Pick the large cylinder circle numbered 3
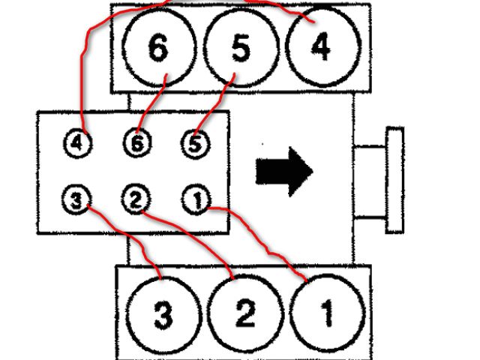click(162, 315)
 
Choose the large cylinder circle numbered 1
click(325, 315)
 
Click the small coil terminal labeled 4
click(78, 142)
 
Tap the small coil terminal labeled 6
click(136, 142)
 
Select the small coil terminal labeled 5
click(193, 142)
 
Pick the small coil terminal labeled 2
click(136, 199)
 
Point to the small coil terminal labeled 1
click(193, 199)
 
